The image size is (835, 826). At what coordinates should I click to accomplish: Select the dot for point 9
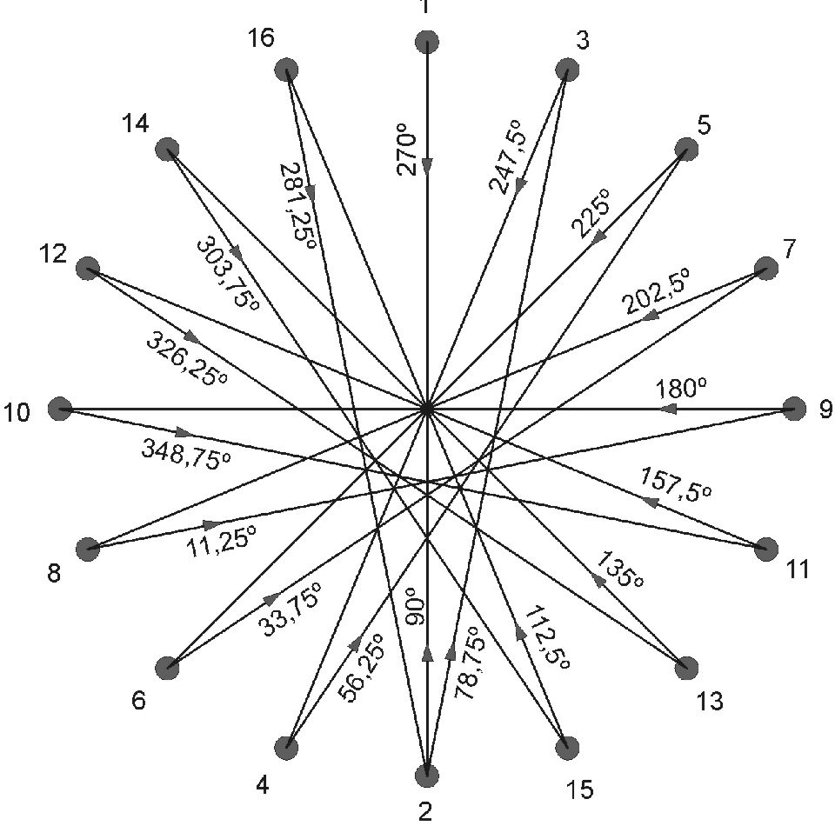[x=793, y=408]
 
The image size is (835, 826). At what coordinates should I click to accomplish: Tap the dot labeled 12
[x=87, y=269]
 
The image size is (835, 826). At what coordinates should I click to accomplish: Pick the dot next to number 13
[x=686, y=668]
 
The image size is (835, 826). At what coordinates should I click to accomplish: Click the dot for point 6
[x=167, y=668]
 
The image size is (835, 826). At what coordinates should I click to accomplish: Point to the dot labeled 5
[x=686, y=150]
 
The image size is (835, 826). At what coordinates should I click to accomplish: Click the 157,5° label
[x=676, y=483]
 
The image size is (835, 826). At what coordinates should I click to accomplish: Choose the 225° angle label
[x=592, y=214]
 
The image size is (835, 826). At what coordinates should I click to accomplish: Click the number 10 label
[x=17, y=411]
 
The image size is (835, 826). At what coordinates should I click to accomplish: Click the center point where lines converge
[x=427, y=408]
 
